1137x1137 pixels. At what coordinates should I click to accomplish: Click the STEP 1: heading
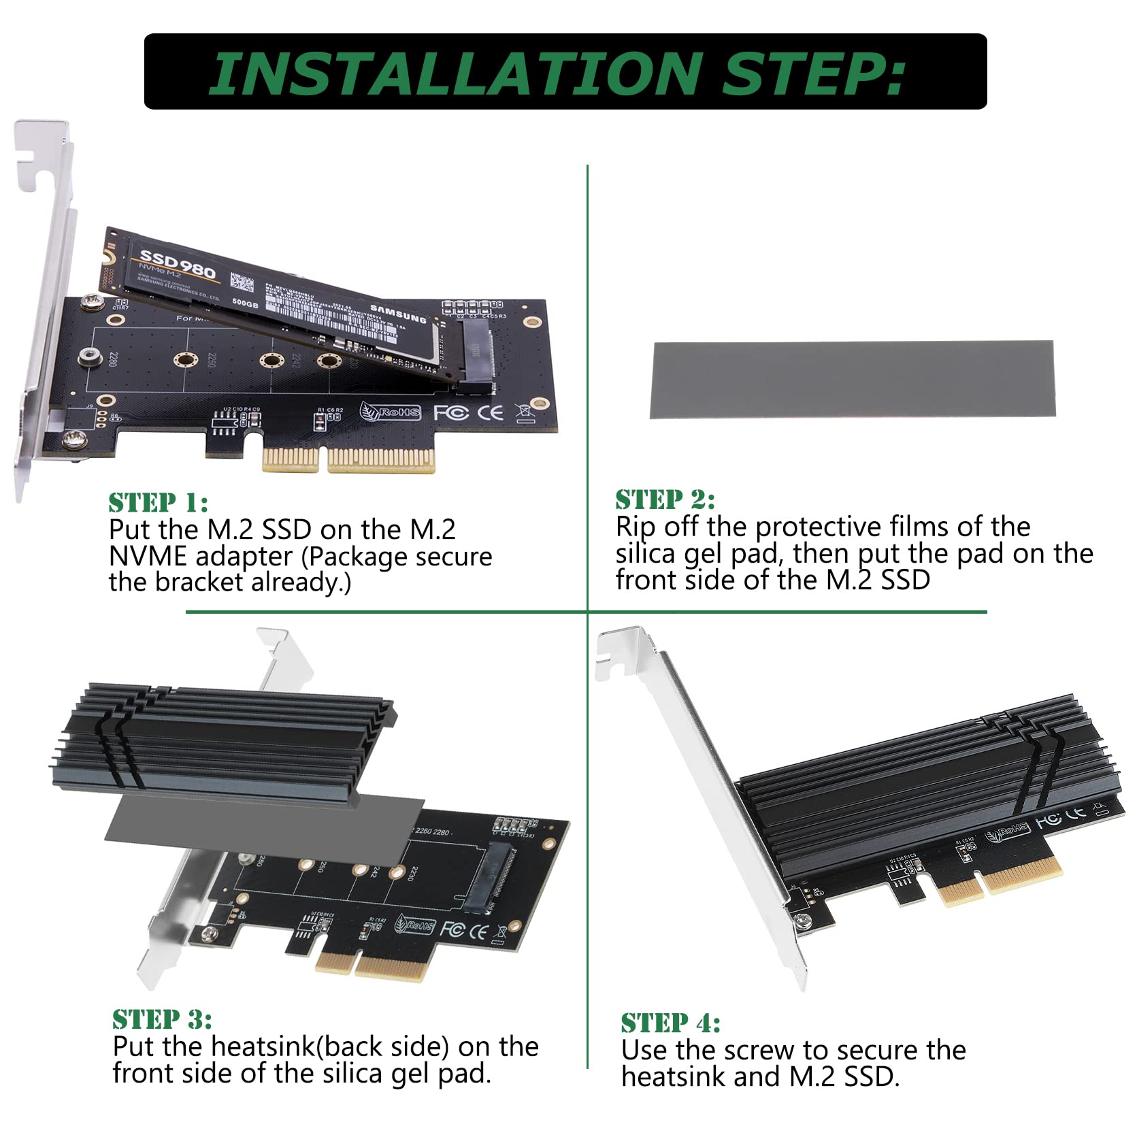(158, 503)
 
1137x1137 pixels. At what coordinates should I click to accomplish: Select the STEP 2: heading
(665, 499)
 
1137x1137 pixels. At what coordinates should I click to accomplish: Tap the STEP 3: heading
(162, 1019)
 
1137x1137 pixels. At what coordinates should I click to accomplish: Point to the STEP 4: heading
(670, 1023)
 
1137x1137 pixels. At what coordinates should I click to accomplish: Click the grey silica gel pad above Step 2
(853, 379)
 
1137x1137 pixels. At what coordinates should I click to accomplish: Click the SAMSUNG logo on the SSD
(399, 314)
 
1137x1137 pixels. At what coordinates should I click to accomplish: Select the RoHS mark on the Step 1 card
(391, 412)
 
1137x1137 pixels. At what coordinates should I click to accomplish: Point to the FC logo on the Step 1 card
(450, 412)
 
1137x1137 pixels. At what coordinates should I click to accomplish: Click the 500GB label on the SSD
(246, 303)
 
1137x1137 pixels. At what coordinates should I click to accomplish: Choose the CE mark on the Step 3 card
(479, 930)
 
